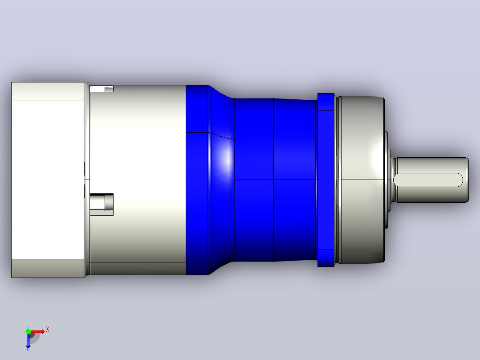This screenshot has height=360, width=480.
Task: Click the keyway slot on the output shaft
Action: (428, 180)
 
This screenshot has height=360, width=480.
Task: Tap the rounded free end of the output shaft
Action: (467, 180)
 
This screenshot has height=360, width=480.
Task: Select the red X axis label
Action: (48, 330)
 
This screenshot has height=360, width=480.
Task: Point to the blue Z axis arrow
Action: (28, 341)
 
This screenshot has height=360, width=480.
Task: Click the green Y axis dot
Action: (28, 331)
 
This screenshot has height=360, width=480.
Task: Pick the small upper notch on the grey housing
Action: (102, 89)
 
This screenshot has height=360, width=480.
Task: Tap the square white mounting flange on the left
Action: (48, 180)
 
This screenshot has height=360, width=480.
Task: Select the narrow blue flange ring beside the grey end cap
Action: (326, 180)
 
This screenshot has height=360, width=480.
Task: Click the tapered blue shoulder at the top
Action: (221, 92)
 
